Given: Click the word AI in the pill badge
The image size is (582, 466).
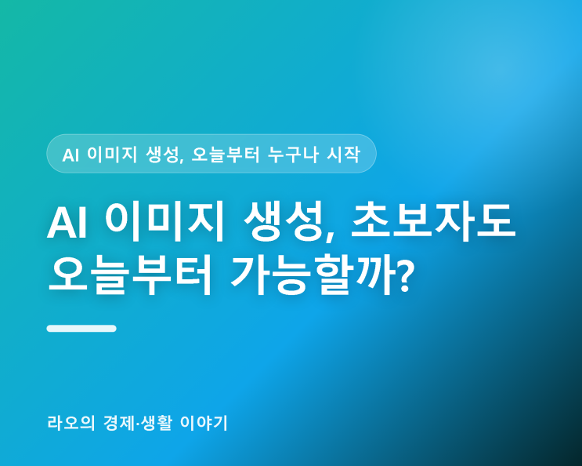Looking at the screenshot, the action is coord(70,155).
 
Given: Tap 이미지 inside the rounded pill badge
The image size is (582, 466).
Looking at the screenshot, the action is coord(112,155).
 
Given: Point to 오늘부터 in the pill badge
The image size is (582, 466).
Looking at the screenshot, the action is coord(226,155).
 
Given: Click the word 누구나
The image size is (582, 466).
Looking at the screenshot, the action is coord(293,155).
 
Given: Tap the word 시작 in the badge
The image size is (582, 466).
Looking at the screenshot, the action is coord(343,155).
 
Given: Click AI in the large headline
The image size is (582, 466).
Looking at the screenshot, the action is coord(67,224).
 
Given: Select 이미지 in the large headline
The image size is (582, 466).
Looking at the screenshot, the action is coord(164,221).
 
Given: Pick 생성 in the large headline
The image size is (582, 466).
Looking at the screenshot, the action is coord(284,221).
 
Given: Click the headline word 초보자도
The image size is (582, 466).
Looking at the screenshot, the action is coord(433,221).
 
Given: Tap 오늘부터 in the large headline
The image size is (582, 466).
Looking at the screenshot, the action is coord(130,275).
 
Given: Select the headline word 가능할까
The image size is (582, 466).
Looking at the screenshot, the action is coord(311,275).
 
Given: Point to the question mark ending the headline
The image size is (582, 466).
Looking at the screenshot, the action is coord(403,275).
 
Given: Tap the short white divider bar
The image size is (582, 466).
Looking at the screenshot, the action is coord(81,329).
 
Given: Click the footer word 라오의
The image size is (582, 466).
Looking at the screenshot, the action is coord(71,423).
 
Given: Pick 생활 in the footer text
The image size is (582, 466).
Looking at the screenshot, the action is coord(156,423).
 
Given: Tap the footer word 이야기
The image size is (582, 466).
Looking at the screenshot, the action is coord(204,423).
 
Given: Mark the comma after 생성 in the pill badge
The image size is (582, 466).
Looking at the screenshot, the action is coord(182,160).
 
